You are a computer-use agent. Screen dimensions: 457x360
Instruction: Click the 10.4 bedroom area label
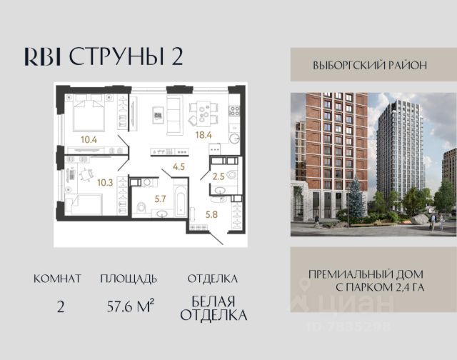pyautogui.click(x=89, y=139)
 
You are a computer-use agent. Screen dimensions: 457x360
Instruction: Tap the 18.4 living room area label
pyautogui.click(x=204, y=135)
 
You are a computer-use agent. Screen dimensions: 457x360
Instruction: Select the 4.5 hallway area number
pyautogui.click(x=179, y=166)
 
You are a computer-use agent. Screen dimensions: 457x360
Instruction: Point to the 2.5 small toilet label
pyautogui.click(x=219, y=176)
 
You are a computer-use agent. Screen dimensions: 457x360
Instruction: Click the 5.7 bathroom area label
pyautogui.click(x=160, y=199)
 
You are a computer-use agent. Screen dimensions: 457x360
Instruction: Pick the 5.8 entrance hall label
pyautogui.click(x=211, y=215)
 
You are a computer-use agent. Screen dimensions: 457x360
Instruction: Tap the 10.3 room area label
pyautogui.click(x=105, y=183)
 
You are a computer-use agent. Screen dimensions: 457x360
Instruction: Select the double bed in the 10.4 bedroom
pyautogui.click(x=89, y=112)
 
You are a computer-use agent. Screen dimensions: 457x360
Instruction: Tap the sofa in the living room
pyautogui.click(x=174, y=116)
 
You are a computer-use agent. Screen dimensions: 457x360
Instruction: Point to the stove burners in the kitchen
pyautogui.click(x=235, y=111)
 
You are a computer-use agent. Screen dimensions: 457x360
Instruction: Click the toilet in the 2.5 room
pyautogui.click(x=231, y=174)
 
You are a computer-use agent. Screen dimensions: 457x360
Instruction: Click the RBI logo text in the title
pyautogui.click(x=43, y=56)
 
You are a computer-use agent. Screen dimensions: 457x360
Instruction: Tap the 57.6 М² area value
pyautogui.click(x=130, y=306)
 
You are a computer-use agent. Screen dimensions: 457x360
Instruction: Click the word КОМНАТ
pyautogui.click(x=57, y=279)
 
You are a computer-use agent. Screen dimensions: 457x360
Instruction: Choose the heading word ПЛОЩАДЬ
pyautogui.click(x=129, y=279)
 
